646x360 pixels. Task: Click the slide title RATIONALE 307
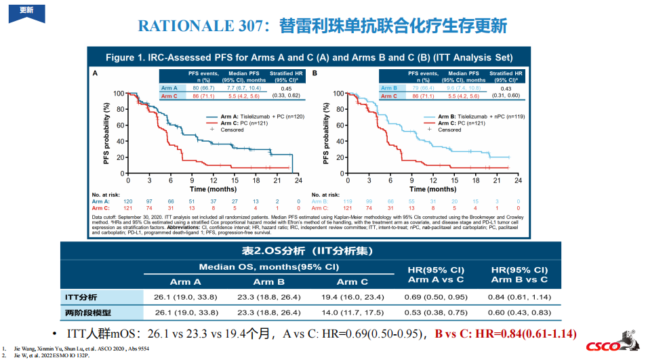click(322, 26)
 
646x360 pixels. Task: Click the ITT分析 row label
click(81, 297)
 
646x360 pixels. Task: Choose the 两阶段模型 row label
click(87, 313)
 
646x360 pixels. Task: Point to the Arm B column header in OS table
click(268, 281)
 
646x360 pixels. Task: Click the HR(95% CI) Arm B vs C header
click(519, 275)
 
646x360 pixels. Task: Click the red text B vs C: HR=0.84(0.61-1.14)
click(505, 334)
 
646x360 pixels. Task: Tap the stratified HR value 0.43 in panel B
click(505, 89)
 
